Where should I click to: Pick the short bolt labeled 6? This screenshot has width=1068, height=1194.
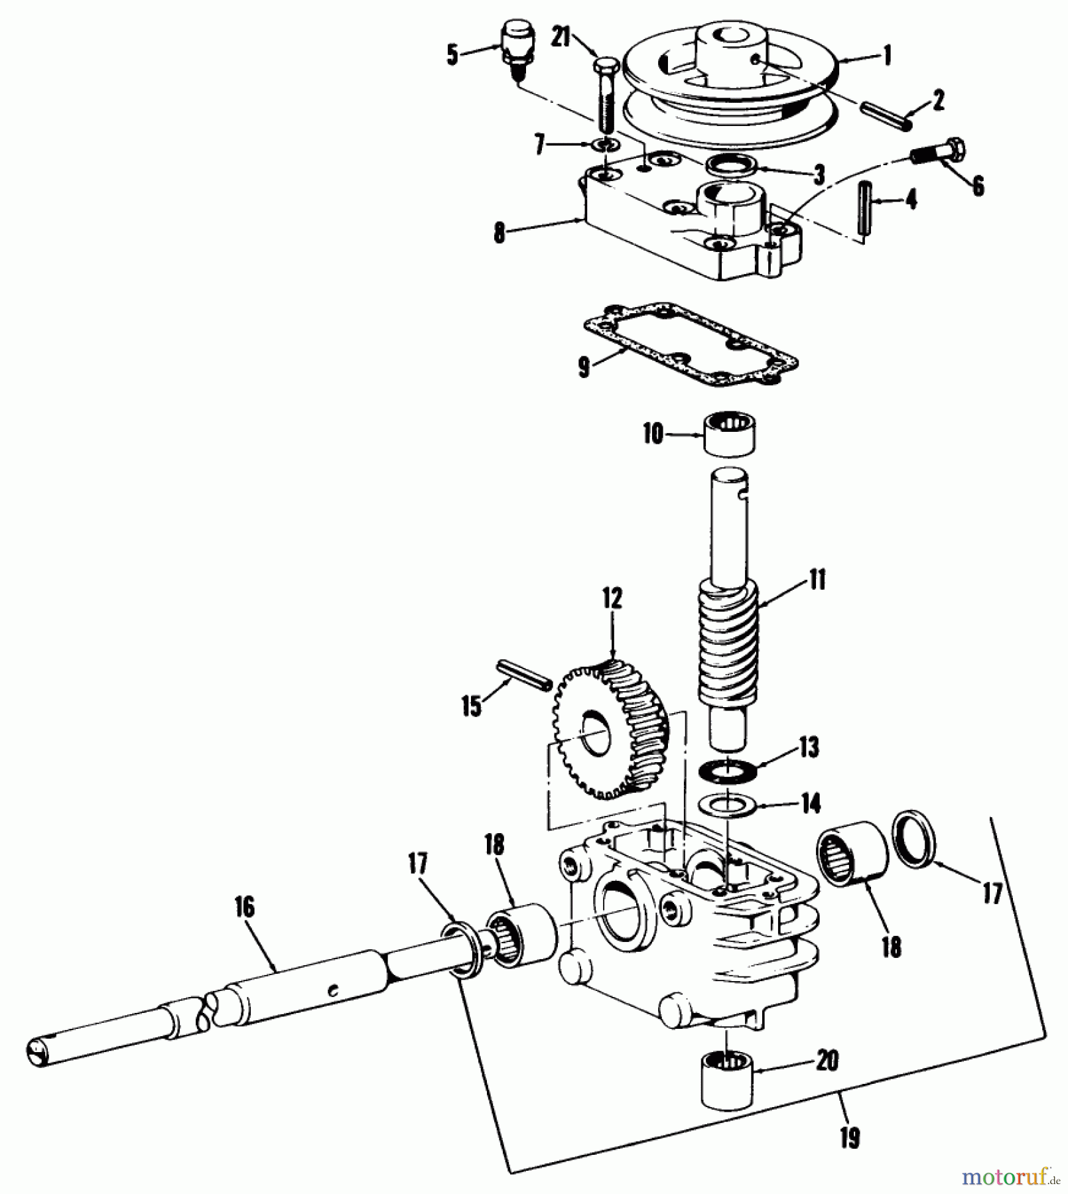939,152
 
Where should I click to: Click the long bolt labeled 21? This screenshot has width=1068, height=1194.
605,96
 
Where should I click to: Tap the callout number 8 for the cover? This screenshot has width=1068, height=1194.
500,233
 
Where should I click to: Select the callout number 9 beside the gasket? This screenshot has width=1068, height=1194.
584,366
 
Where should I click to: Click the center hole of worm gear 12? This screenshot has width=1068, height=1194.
595,734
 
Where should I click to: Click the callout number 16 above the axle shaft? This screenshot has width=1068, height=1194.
244,907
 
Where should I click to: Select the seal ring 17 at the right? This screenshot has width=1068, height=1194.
914,837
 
